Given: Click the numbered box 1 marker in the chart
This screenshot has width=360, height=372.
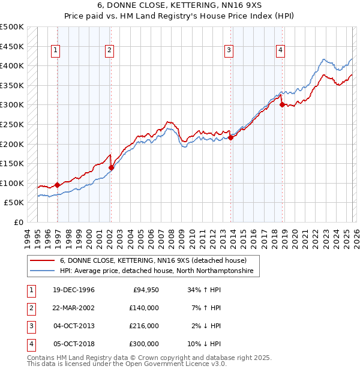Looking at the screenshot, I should tap(55, 51).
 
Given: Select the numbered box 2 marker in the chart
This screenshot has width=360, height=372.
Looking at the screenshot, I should tap(109, 51).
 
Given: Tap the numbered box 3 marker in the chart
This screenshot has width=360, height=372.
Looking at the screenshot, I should tap(229, 51).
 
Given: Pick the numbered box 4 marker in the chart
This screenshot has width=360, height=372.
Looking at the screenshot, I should tap(280, 51).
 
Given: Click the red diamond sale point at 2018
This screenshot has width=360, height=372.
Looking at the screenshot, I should tap(283, 105).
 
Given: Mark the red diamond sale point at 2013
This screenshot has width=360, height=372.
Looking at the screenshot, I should tap(231, 137).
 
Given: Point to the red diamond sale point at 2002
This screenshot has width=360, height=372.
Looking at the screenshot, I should tap(111, 167).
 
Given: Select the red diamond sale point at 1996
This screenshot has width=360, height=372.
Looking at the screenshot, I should tap(58, 185).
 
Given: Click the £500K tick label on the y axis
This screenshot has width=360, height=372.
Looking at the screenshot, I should tap(12, 27).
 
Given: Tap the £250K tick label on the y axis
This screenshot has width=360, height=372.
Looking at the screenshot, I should tap(12, 124).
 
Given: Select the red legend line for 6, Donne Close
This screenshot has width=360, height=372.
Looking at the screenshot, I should tap(42, 261).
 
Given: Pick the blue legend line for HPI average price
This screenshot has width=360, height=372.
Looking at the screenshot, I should tap(42, 271).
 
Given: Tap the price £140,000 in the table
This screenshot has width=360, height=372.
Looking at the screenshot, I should tap(144, 308).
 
